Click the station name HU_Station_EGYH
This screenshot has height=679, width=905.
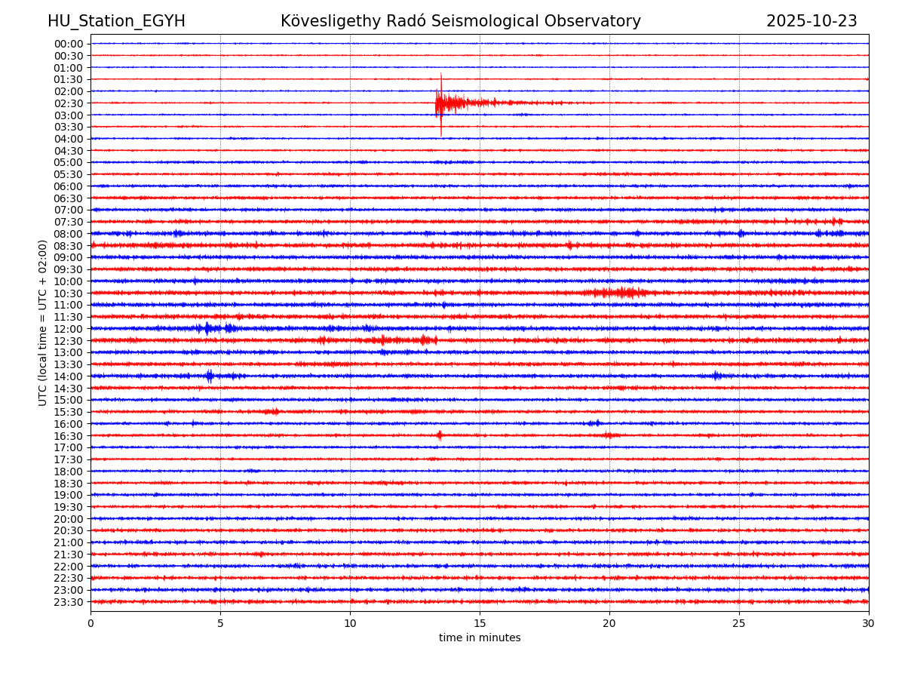[x=116, y=21]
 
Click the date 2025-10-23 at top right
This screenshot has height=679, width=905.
[x=811, y=21]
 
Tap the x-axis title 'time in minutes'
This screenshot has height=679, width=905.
[x=480, y=638]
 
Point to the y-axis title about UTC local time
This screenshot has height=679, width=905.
[x=43, y=322]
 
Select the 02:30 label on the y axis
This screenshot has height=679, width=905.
[x=69, y=103]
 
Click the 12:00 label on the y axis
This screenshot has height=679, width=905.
[x=69, y=329]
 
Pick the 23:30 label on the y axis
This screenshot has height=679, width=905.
[x=69, y=602]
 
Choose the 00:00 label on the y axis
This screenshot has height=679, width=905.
[x=69, y=44]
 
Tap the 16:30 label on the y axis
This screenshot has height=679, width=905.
[x=69, y=436]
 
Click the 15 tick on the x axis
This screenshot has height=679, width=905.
[x=480, y=623]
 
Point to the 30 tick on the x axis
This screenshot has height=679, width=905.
[x=869, y=623]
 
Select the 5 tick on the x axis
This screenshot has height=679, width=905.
[x=220, y=623]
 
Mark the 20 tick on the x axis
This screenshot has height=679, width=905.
[x=609, y=623]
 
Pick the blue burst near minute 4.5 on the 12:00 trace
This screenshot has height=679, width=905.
[x=207, y=328]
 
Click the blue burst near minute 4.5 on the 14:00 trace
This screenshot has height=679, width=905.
[x=210, y=376]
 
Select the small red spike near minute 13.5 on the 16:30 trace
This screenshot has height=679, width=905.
[x=440, y=435]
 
